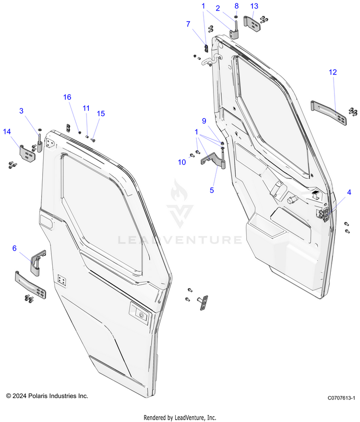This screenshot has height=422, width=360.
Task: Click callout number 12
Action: pos(333,72)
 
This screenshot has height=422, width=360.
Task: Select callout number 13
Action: pos(254,6)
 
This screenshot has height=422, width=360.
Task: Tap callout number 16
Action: pos(67,97)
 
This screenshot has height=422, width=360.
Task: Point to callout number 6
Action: pos(14,248)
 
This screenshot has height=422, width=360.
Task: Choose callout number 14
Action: pos(7,131)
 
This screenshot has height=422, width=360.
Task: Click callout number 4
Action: pos(349,193)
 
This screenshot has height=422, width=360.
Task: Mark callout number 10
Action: pos(182,162)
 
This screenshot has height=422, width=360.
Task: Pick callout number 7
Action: pos(188,24)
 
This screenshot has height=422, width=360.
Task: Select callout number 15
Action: pos(100,113)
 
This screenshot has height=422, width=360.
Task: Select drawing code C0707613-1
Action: pos(341,398)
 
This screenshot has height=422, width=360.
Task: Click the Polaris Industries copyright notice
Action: pos(47,396)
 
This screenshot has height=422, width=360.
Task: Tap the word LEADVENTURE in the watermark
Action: pos(180,239)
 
